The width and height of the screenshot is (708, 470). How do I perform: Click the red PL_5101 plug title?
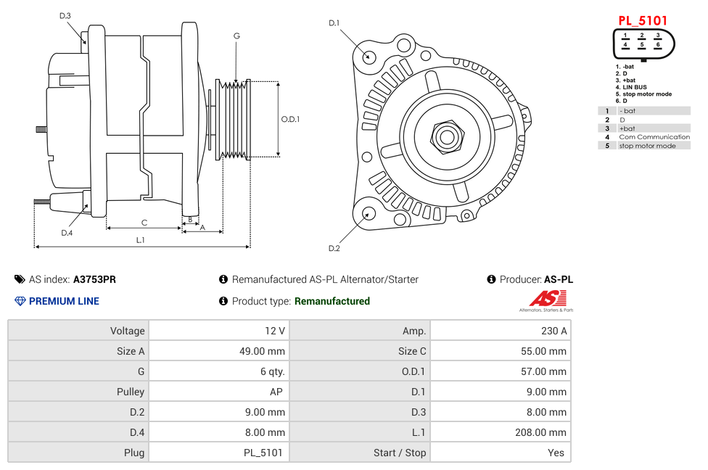(x=642, y=20)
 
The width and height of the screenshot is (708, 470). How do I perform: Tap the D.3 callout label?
(x=65, y=15)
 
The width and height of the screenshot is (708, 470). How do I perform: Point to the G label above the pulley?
(x=236, y=36)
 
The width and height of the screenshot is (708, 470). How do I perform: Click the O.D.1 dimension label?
(x=290, y=119)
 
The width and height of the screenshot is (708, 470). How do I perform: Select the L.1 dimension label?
(x=141, y=239)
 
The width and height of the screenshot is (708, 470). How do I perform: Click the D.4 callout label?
(x=67, y=233)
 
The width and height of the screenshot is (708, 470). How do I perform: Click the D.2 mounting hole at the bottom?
(x=369, y=213)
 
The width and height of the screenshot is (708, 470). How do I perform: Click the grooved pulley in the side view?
(x=234, y=118)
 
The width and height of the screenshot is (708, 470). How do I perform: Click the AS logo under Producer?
(x=546, y=300)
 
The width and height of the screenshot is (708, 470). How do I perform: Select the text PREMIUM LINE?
(x=64, y=301)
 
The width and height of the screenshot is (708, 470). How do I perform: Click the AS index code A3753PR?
(x=94, y=279)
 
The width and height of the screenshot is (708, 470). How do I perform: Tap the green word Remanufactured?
(x=332, y=301)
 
